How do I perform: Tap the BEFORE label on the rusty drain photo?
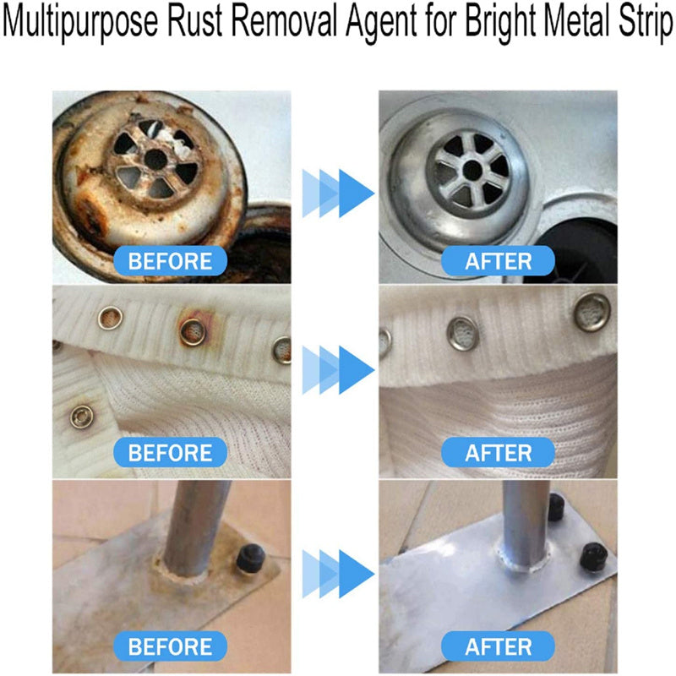(x=172, y=260)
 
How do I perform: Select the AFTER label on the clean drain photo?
(x=499, y=260)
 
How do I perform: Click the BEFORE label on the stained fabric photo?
(x=172, y=453)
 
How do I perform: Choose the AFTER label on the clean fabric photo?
(x=499, y=453)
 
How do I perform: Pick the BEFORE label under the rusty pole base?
(x=172, y=646)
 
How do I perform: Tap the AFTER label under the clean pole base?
(x=499, y=646)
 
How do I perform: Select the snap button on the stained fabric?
(x=81, y=416)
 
